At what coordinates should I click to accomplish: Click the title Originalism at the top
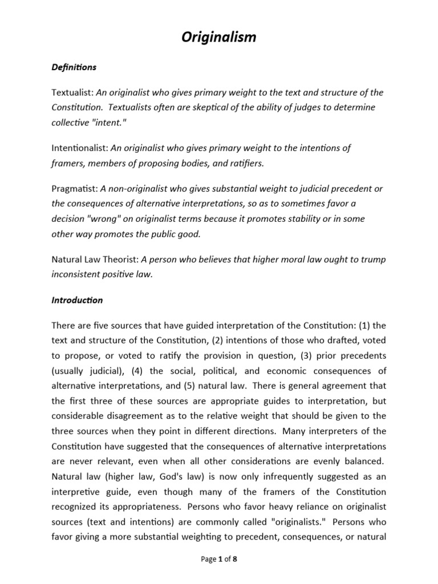[219, 38]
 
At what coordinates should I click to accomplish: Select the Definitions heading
[74, 67]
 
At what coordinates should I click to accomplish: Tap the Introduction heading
[77, 300]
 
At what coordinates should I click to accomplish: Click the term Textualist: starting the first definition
[72, 93]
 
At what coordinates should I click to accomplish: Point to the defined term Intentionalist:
[80, 148]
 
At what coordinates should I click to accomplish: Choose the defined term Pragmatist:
[75, 188]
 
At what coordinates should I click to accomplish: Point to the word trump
[374, 259]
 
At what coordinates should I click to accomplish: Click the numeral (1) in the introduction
[363, 325]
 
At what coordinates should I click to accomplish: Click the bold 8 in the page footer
[234, 559]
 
